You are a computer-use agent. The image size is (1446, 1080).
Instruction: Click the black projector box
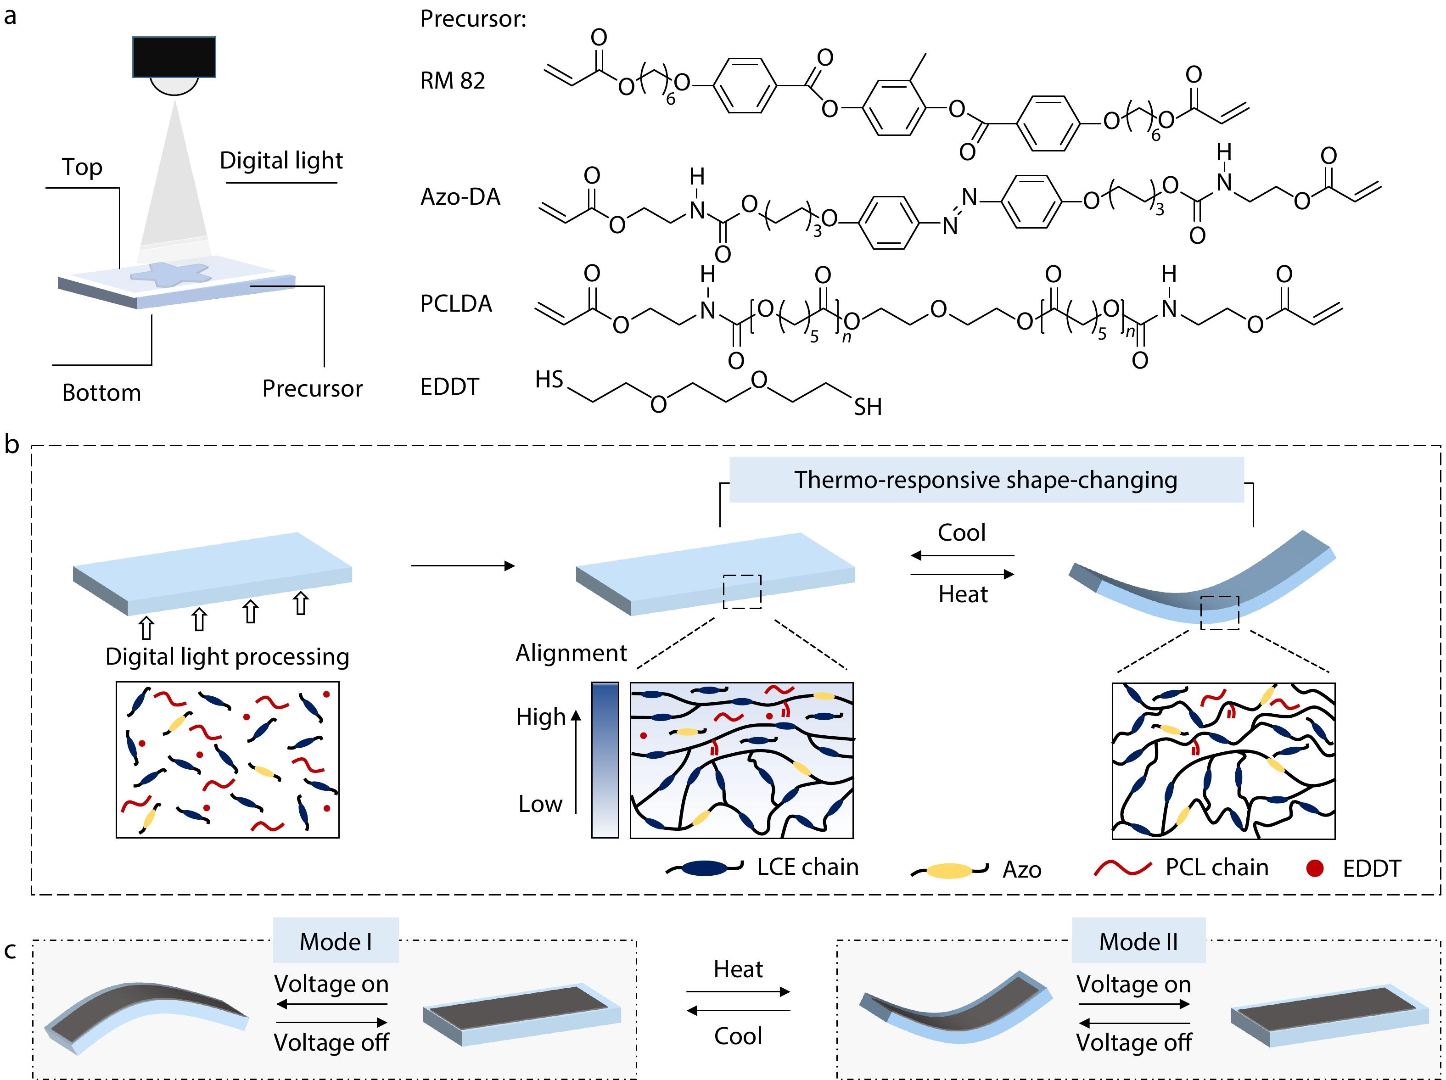[x=174, y=57]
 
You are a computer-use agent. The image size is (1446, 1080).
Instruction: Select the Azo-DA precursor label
[x=460, y=197]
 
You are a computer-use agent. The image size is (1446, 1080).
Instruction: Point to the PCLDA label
[x=456, y=304]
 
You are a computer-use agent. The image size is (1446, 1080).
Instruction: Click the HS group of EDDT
[x=549, y=380]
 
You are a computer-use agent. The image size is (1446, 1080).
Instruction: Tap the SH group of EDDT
[x=868, y=407]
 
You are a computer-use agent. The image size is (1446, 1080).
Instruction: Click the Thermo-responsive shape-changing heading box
[x=986, y=480]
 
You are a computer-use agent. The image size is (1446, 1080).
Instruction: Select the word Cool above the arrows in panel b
[x=962, y=533]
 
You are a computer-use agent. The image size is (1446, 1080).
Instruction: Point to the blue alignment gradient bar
[x=605, y=760]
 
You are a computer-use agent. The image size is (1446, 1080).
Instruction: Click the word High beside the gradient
[x=541, y=717]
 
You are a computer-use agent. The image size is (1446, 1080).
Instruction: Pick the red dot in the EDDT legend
[x=1315, y=868]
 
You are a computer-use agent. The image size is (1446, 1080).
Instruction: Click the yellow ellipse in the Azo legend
[x=950, y=870]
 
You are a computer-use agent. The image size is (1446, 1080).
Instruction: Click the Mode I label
[x=336, y=941]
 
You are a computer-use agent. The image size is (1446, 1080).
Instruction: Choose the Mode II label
[x=1138, y=941]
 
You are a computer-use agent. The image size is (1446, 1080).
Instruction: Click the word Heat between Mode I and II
[x=738, y=969]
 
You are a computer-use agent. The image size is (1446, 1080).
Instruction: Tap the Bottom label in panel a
[x=101, y=393]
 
